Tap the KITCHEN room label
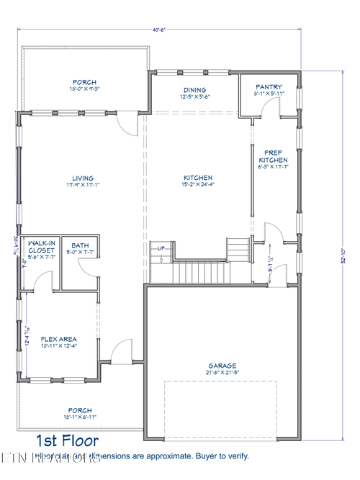(x=197, y=178)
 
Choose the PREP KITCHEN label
(x=273, y=156)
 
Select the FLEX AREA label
(x=59, y=339)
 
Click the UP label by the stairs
(x=161, y=248)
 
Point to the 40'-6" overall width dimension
(x=160, y=29)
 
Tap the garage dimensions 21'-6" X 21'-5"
(x=222, y=373)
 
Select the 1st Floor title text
(x=68, y=440)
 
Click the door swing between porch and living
(x=127, y=124)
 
